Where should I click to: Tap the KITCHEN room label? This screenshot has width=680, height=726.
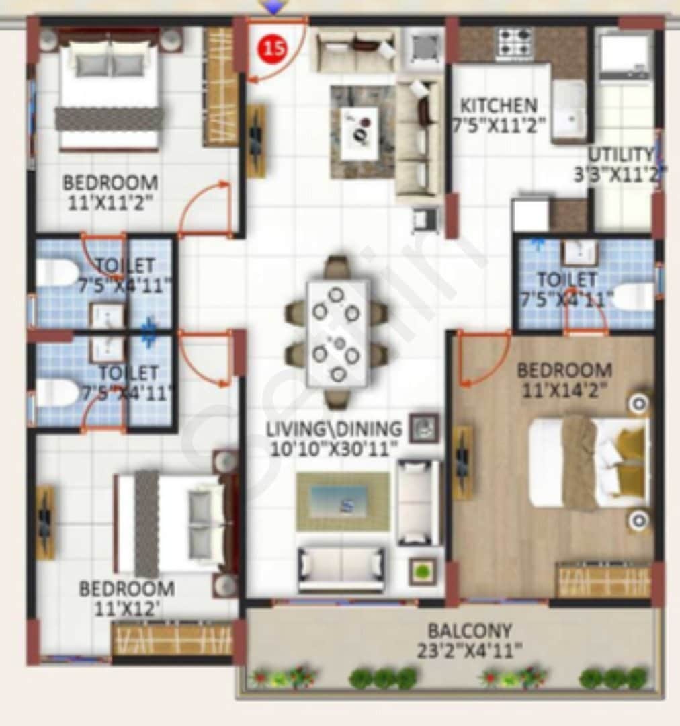499,106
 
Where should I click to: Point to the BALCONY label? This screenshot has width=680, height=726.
470,631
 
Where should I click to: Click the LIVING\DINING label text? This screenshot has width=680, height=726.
334,428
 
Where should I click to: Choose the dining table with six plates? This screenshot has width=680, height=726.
337,333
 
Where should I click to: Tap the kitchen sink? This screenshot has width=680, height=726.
569,112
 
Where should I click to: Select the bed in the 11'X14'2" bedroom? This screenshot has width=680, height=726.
588,462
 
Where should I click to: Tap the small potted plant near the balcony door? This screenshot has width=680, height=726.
423,571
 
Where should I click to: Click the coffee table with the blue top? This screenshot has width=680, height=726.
343,501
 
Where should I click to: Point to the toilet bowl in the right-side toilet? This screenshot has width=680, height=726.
633,297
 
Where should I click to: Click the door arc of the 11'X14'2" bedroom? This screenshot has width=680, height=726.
480,363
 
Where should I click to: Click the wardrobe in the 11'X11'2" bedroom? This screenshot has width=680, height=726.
220,87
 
